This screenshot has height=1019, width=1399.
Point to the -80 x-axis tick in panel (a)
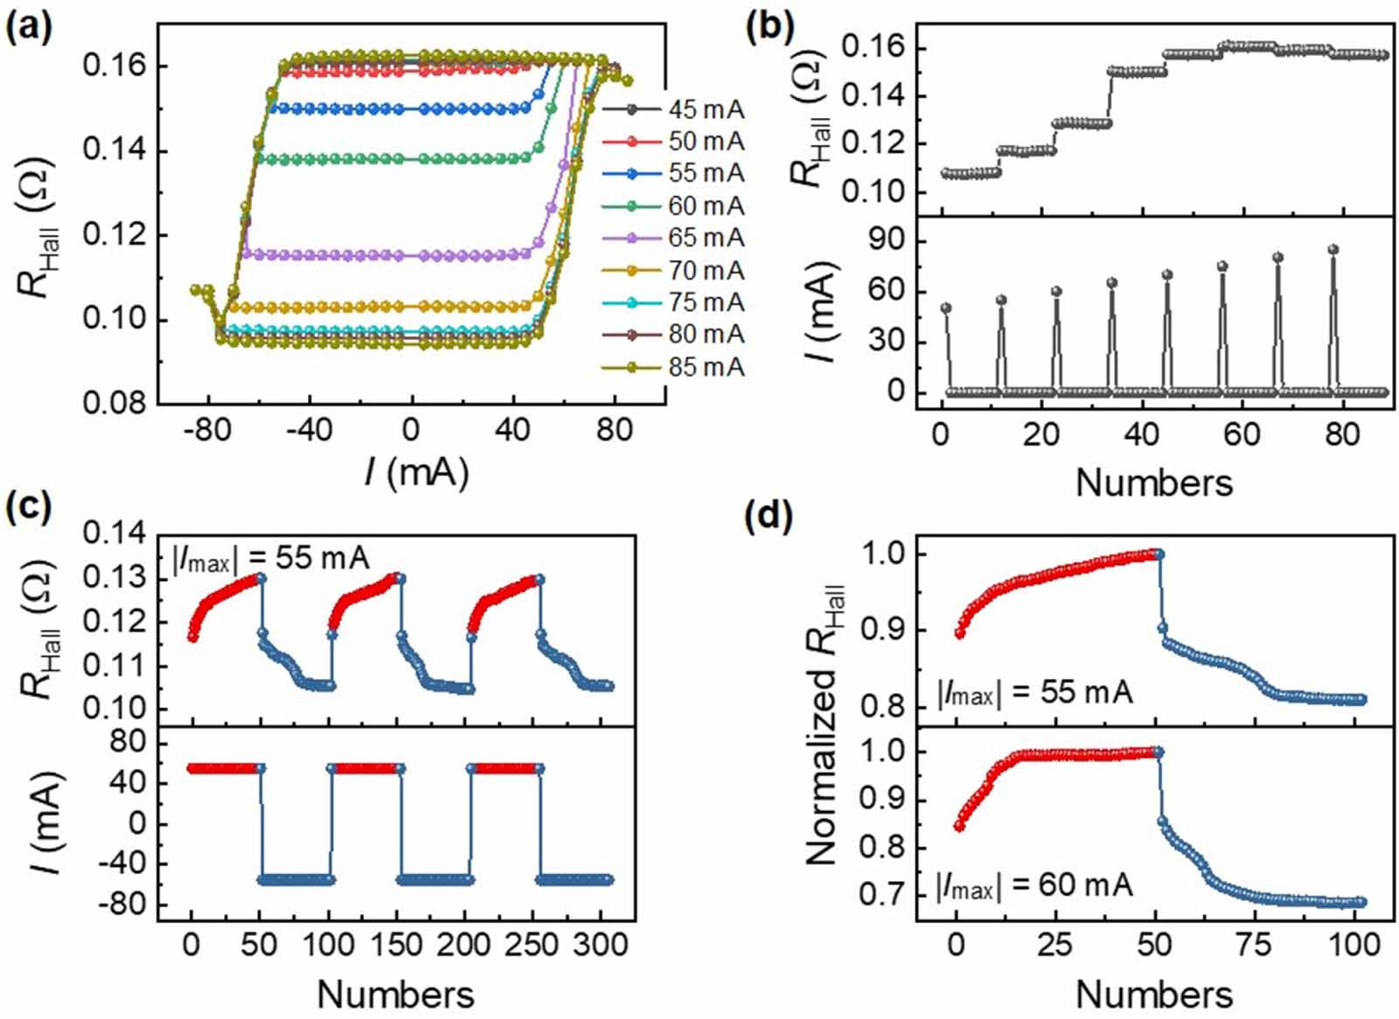pos(207,430)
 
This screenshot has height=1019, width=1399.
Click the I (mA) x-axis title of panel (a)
pos(417,473)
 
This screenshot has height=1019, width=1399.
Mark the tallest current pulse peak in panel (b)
pos(1333,250)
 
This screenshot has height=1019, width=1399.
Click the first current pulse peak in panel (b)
pos(946,308)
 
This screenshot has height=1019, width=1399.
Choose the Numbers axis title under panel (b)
pos(1153,482)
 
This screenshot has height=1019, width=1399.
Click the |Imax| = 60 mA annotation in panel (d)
pos(1034,885)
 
